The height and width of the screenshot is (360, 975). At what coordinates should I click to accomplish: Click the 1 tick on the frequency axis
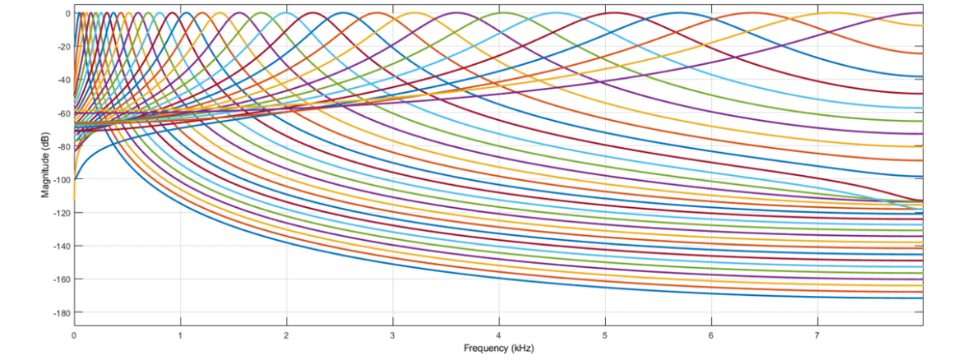180,335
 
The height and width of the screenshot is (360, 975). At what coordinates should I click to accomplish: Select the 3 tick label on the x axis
393,335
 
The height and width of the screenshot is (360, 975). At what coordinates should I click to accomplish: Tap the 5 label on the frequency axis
605,335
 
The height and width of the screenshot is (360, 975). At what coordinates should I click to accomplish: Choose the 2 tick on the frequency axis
286,335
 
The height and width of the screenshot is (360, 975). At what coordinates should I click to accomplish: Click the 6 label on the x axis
711,335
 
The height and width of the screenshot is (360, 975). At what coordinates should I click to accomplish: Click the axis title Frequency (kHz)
498,348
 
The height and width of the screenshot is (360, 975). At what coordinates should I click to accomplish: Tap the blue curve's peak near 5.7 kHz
680,13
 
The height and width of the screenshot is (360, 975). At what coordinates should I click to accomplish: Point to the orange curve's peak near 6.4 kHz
753,13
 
